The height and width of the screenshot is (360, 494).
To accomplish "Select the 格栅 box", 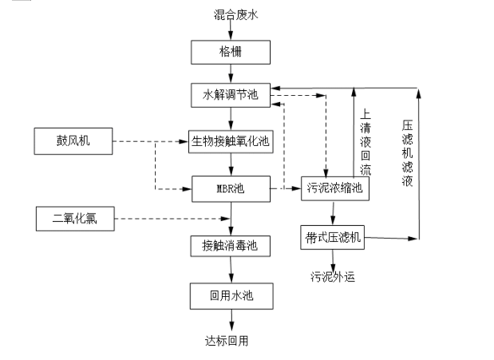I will pos(231,53).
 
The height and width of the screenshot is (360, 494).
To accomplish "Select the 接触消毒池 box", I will pos(230,246).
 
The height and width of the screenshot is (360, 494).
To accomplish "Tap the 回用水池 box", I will pos(231,296).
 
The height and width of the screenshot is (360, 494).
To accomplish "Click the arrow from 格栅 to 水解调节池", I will pos(231,73).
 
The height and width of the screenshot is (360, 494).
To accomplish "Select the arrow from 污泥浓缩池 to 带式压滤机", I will pos(334,213).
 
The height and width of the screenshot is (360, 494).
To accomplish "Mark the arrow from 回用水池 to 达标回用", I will pos(231,319).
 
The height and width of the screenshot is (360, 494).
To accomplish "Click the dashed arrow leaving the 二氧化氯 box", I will pos(171,218).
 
